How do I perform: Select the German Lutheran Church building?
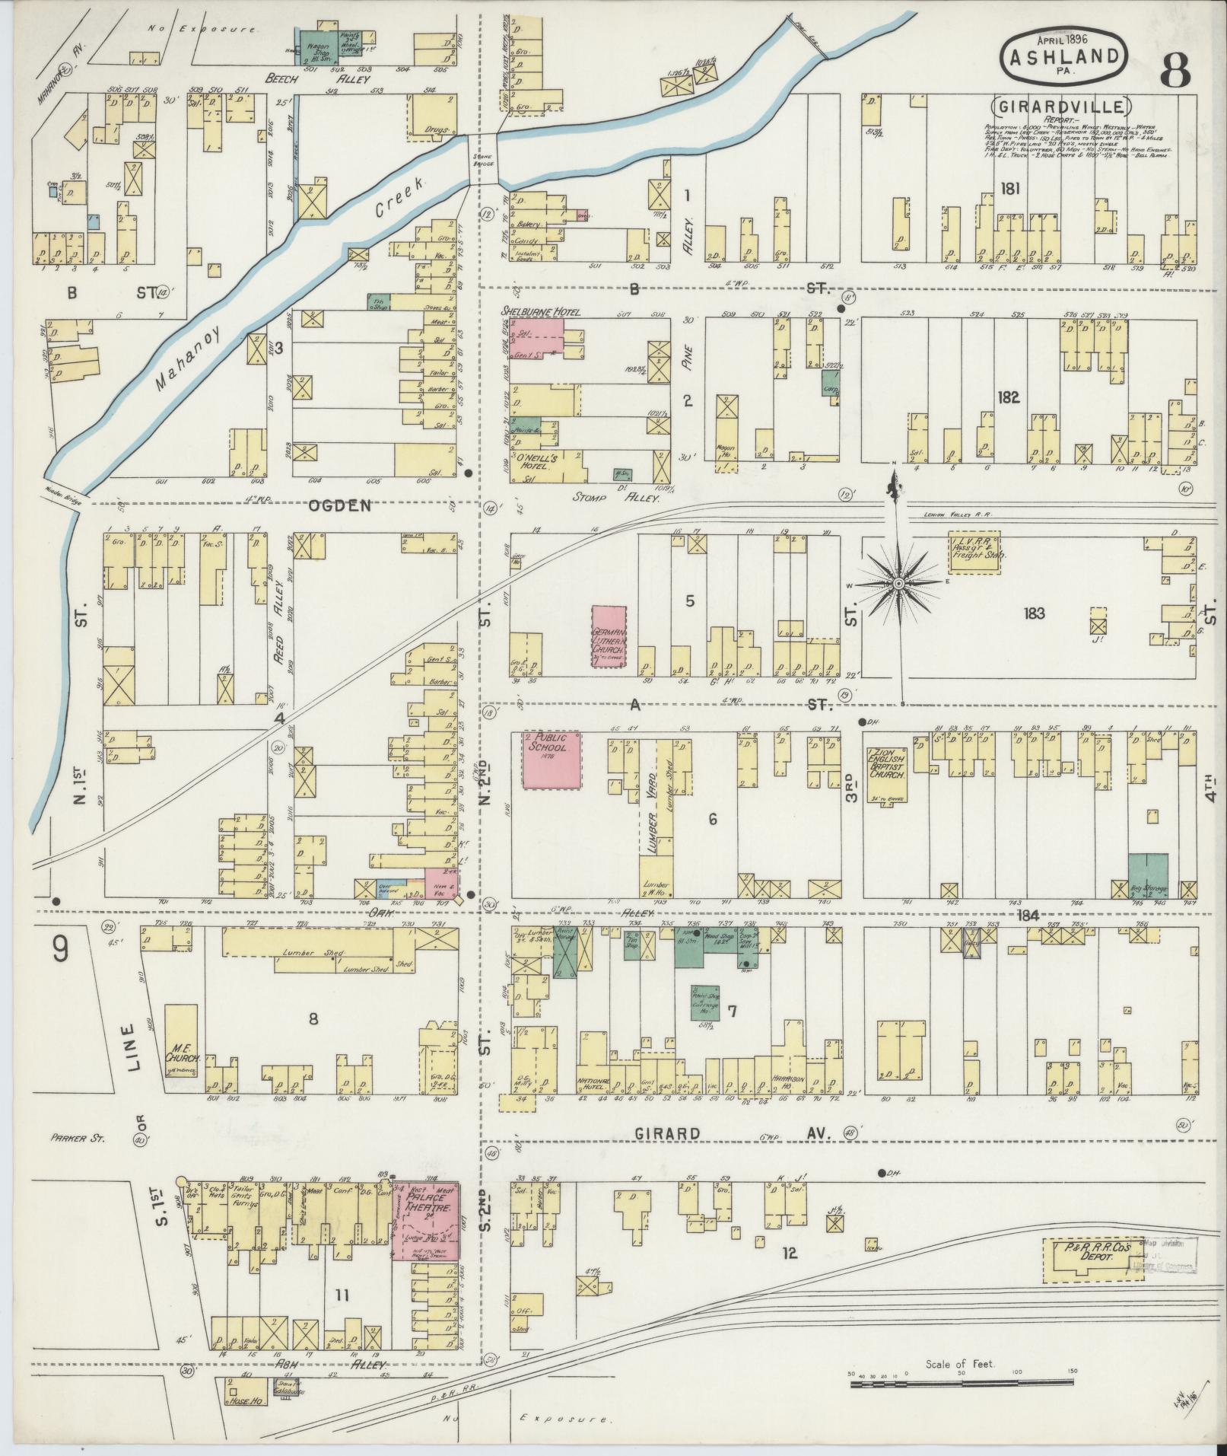point(609,637)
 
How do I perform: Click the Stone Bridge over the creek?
point(482,158)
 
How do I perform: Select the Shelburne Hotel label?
point(540,312)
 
